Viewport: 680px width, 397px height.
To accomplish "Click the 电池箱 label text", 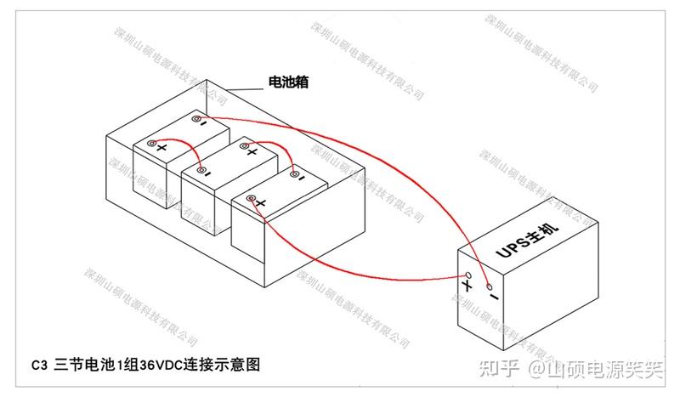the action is click(x=287, y=82).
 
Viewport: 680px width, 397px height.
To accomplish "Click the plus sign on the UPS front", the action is click(x=467, y=290).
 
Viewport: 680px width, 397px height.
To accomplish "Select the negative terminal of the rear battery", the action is click(x=195, y=119).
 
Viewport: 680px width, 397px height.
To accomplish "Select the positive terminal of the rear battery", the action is click(x=151, y=145).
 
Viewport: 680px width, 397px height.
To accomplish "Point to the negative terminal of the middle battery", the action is click(x=201, y=171).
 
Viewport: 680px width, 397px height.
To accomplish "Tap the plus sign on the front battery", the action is click(x=262, y=203).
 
